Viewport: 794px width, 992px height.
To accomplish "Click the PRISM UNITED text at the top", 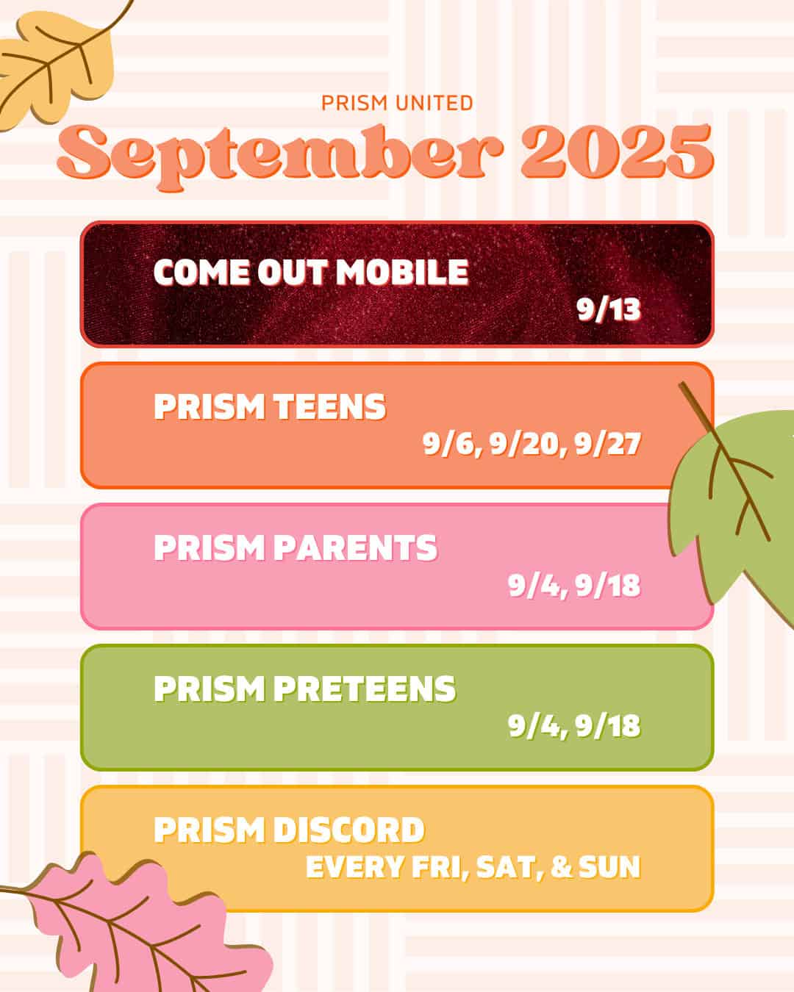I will [x=397, y=103].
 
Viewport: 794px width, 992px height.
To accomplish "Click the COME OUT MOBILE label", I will [x=310, y=273].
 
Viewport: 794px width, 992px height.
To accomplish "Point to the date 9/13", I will [x=608, y=309].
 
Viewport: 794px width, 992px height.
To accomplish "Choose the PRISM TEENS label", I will [x=269, y=407].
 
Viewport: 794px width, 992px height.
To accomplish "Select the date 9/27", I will [x=608, y=444].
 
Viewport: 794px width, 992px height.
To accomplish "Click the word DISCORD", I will [x=348, y=830].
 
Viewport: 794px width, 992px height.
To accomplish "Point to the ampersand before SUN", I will [x=561, y=867].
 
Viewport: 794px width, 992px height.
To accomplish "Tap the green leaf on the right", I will [x=735, y=500].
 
